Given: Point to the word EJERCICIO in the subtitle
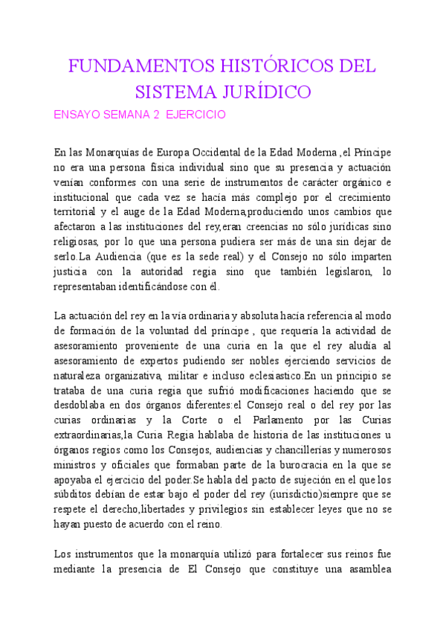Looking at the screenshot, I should point(195,115).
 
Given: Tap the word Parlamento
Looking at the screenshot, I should point(267,420).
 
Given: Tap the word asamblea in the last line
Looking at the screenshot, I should point(365,569).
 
